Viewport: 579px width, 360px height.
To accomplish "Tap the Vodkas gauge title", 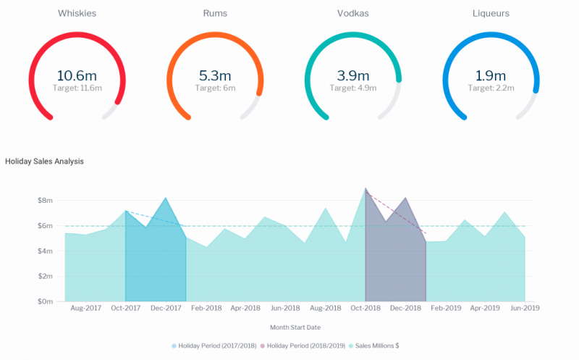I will (352, 13).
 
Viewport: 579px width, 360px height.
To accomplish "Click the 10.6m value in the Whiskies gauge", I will (77, 75).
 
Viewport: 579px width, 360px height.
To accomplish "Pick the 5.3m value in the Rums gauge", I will (214, 75).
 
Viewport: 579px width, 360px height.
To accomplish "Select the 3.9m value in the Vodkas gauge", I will (352, 75).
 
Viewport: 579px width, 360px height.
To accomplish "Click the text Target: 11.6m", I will (77, 88).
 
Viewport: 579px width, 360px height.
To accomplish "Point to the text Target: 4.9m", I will (352, 88).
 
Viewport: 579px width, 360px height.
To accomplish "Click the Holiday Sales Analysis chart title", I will (44, 161).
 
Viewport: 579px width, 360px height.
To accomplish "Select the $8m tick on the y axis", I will (46, 201).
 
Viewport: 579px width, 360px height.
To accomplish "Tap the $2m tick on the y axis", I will (46, 276).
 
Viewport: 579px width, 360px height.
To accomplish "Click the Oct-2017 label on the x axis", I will (126, 308).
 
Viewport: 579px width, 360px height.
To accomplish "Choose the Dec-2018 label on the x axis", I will (405, 308).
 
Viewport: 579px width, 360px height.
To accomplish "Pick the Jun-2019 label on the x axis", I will (525, 308).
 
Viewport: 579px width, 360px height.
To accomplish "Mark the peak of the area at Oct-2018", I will (365, 188).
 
